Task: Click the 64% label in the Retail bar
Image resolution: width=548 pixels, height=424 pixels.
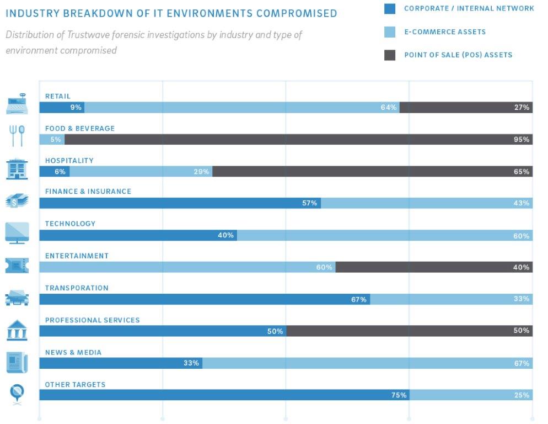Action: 388,108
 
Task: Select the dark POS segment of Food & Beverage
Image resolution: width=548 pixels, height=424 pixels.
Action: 298,140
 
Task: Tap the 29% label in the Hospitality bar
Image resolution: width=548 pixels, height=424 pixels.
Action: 201,172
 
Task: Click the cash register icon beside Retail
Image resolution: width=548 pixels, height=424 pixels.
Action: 17,103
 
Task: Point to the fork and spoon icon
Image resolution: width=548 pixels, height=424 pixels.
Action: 17,135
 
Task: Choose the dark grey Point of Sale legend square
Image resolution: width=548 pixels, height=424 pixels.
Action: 389,55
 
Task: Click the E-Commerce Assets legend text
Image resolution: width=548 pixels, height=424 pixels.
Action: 444,32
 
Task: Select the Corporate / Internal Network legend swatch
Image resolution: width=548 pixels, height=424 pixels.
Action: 389,9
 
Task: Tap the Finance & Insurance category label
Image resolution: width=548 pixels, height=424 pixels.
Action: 88,192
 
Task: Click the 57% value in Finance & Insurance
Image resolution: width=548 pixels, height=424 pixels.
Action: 309,203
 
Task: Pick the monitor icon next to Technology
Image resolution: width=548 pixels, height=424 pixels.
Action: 17,232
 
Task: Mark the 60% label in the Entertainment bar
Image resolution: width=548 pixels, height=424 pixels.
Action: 324,267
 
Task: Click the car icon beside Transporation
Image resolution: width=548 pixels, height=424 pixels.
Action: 17,298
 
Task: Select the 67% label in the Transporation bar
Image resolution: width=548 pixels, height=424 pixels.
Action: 359,299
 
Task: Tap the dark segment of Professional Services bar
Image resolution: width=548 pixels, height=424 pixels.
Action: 408,331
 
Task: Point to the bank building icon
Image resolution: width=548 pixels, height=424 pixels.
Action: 17,331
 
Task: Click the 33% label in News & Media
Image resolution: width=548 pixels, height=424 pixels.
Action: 191,363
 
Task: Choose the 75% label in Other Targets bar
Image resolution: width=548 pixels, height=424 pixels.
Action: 399,395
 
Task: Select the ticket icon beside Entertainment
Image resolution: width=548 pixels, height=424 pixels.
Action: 17,266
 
